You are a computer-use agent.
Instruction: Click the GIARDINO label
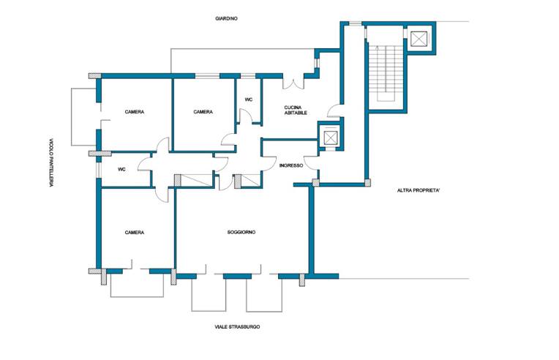(x=226, y=18)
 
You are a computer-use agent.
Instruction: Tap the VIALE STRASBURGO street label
(x=237, y=326)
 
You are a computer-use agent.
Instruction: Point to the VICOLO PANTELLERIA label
(x=51, y=162)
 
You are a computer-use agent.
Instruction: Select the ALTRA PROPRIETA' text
(x=419, y=191)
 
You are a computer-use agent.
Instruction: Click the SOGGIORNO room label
(x=241, y=233)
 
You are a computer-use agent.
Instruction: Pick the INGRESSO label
(x=291, y=166)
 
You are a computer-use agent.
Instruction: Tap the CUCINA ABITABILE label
(x=296, y=110)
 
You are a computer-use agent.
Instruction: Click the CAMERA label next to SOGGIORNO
(x=135, y=233)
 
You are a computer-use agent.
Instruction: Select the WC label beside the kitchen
(x=249, y=100)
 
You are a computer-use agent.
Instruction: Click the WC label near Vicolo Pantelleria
(x=121, y=170)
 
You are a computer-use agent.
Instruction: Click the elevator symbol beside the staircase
(x=419, y=39)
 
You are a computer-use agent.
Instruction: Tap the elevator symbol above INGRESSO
(x=331, y=138)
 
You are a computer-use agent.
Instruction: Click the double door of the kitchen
(x=293, y=82)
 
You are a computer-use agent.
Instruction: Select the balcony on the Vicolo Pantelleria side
(x=84, y=117)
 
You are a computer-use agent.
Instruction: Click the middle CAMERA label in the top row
(x=203, y=112)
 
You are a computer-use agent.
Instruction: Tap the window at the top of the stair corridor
(x=355, y=23)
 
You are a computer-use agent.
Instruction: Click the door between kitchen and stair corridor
(x=334, y=110)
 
